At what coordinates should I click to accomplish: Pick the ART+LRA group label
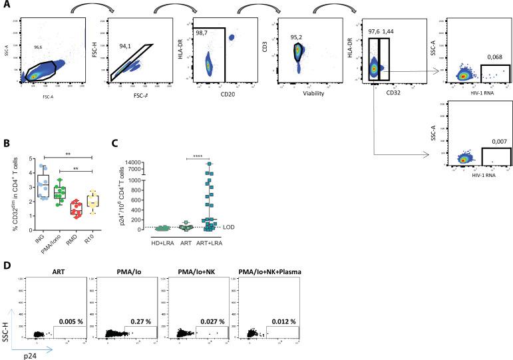click(209, 243)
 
